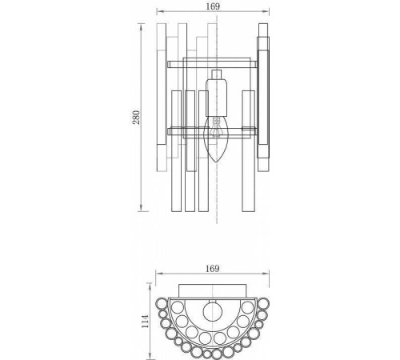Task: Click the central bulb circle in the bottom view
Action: (x=214, y=312)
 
